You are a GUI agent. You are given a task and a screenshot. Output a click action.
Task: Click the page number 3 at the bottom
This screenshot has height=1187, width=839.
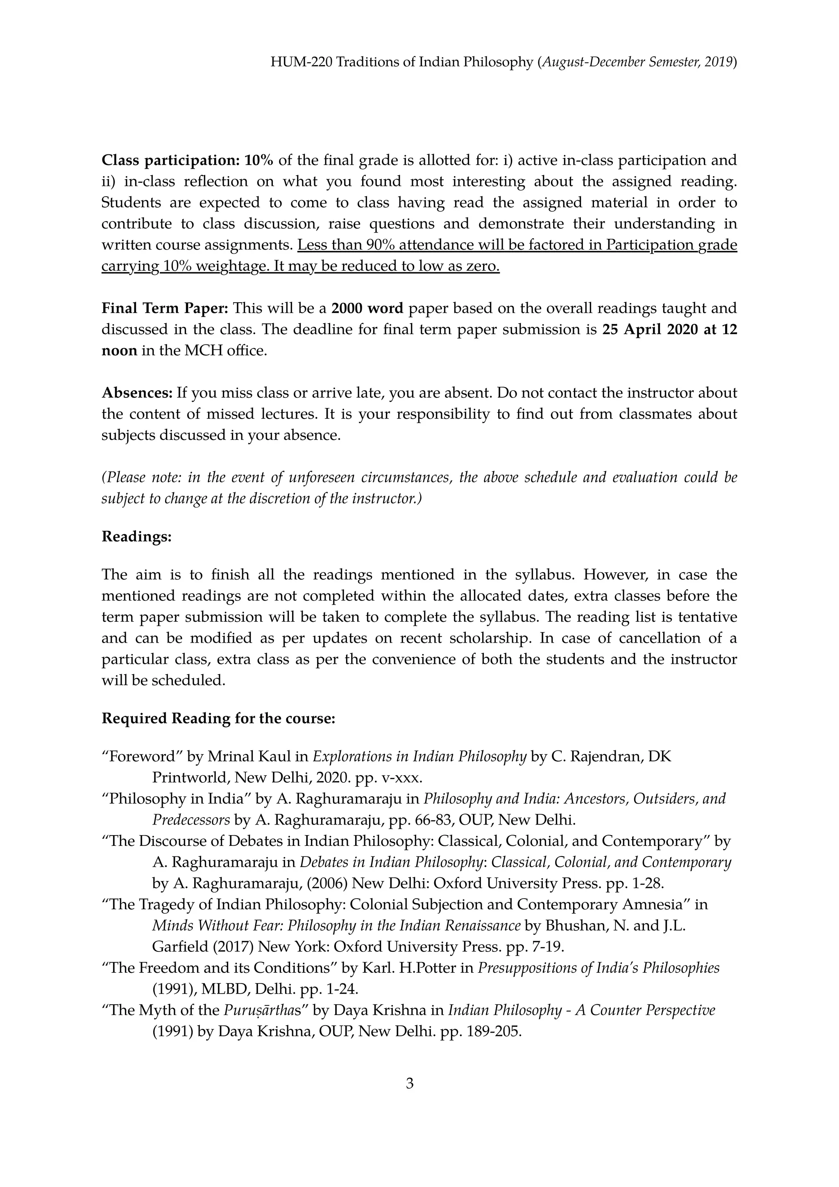409,1083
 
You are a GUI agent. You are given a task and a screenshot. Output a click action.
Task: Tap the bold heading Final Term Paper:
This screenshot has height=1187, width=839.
164,308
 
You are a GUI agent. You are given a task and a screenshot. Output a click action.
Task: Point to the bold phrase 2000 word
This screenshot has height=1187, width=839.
367,308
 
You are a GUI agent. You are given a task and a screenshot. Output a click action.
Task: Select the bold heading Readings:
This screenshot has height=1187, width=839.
136,537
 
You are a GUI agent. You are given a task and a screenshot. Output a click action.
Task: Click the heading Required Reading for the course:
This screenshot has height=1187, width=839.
218,718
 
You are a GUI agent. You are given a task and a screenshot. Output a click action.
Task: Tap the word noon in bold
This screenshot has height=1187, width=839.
119,351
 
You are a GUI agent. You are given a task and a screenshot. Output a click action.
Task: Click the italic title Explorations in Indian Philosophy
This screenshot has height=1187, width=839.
420,757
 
